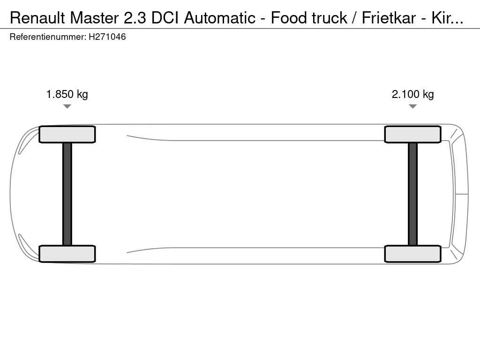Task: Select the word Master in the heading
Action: coord(94,18)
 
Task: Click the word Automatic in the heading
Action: coord(219,18)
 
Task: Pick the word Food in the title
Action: coord(289,18)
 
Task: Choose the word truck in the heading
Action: coord(330,18)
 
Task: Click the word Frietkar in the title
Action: coord(389,18)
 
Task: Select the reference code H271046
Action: coord(107,37)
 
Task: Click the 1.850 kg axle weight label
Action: coord(67,94)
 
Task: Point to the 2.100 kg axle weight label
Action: coord(412,94)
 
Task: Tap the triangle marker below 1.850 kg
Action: coord(67,106)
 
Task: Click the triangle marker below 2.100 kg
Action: coord(412,106)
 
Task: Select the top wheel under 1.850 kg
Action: coord(67,135)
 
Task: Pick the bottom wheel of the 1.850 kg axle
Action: coord(67,254)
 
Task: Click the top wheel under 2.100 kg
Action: coord(412,135)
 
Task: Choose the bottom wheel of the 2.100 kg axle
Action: coord(412,254)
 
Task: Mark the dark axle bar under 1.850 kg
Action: coord(67,194)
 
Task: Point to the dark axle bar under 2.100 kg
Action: coord(412,194)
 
